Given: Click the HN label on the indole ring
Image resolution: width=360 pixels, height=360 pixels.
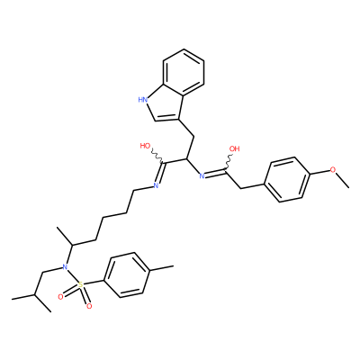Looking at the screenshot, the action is (x=143, y=99).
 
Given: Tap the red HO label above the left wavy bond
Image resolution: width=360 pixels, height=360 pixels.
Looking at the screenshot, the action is (x=145, y=146).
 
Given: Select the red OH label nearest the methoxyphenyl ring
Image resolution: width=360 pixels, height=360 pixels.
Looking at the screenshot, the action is (x=235, y=148).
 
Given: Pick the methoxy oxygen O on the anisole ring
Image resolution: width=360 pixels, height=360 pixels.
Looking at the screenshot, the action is (x=333, y=170).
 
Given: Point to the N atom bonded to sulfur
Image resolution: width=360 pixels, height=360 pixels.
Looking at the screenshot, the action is (x=64, y=266).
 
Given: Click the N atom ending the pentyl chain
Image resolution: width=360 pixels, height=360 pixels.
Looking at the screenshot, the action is (x=156, y=185).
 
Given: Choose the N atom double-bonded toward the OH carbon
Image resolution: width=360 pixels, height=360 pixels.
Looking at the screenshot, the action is (x=202, y=176).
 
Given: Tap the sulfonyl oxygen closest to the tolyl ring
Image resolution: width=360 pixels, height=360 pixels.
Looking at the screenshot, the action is (x=88, y=306).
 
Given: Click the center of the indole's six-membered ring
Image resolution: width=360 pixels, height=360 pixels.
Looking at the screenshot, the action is (x=184, y=71).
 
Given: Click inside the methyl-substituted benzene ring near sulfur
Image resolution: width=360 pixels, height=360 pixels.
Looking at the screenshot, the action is (x=126, y=274).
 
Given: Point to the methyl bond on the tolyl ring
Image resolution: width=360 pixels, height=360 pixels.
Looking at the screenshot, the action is (x=161, y=268).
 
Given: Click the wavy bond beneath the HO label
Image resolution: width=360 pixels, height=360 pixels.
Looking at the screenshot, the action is (x=157, y=156).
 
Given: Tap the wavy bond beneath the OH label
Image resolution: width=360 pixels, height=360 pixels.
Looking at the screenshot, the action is (x=228, y=162).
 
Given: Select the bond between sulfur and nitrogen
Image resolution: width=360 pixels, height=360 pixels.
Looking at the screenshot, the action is (x=72, y=275).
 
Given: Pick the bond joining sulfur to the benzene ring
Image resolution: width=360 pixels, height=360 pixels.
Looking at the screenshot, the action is (x=94, y=283).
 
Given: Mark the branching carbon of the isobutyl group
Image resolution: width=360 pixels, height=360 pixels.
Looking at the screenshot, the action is (x=34, y=295).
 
